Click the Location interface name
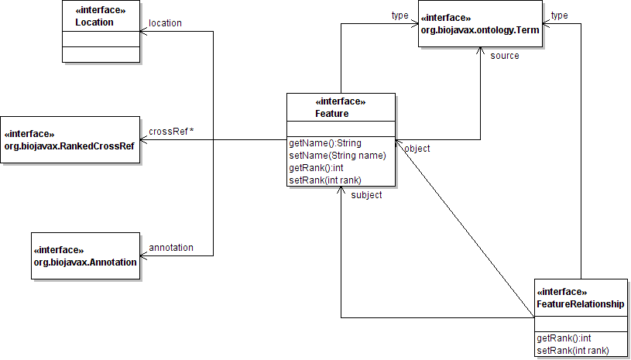pyautogui.click(x=94, y=22)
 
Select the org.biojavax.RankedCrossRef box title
pyautogui.click(x=70, y=146)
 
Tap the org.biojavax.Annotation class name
pyautogui.click(x=84, y=262)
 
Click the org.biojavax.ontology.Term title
pyautogui.click(x=480, y=29)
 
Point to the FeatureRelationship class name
pyautogui.click(x=580, y=304)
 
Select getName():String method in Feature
pyautogui.click(x=324, y=143)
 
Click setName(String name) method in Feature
pyautogui.click(x=337, y=156)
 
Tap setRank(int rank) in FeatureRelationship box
pyautogui.click(x=571, y=351)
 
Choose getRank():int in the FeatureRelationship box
pyautogui.click(x=564, y=338)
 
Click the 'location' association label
pyautogui.click(x=165, y=23)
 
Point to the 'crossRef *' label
pyautogui.click(x=171, y=131)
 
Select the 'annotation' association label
pyautogui.click(x=170, y=248)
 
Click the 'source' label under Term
pyautogui.click(x=505, y=56)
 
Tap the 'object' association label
pyautogui.click(x=417, y=149)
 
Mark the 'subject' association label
pyautogui.click(x=366, y=195)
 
